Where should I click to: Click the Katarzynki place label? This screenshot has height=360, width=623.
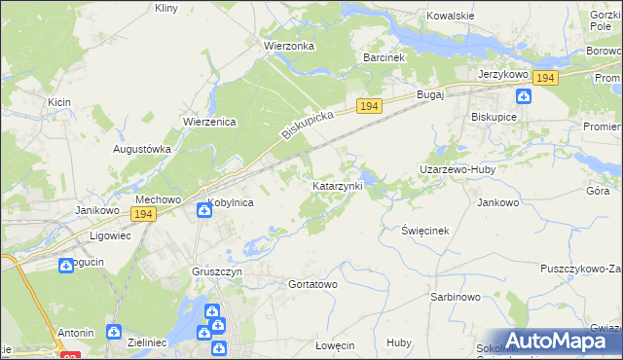[337, 185]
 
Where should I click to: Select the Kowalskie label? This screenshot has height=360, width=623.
[451, 17]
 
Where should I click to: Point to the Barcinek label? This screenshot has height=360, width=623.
[384, 57]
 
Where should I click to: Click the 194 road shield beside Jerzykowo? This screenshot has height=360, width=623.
[545, 78]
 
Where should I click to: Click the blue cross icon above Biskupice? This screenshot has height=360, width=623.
[524, 95]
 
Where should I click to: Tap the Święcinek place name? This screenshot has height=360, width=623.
[424, 230]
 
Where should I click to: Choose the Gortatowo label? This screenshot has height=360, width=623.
[312, 284]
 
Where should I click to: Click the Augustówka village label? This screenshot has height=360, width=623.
[142, 150]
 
